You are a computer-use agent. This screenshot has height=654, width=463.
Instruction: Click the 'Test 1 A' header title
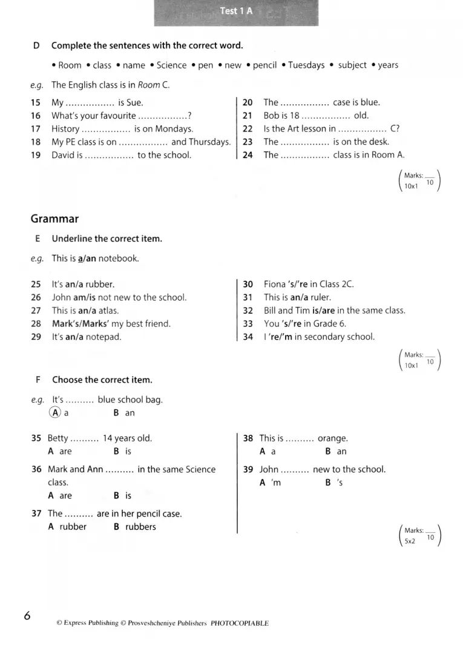pos(236,11)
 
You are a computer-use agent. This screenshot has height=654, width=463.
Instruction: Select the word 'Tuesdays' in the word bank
pos(306,65)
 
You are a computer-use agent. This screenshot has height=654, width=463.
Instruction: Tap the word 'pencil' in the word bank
pos(264,65)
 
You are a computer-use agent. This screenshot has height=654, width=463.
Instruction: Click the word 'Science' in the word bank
pos(171,65)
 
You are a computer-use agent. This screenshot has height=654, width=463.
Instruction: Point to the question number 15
pos(36,103)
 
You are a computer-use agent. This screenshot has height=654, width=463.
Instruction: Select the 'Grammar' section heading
pos(54,219)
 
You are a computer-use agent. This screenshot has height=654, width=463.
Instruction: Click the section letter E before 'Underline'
pos(38,239)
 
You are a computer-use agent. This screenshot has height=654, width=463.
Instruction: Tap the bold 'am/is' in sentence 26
pos(84,297)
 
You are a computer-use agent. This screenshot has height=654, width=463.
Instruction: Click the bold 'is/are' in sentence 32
pos(324,311)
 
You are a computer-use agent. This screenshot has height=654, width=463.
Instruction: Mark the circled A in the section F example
pos(55,412)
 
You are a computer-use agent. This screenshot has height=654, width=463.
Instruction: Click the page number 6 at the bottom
pos(27,616)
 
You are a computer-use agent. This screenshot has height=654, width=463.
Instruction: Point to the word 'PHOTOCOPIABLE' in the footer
pos(240,623)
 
